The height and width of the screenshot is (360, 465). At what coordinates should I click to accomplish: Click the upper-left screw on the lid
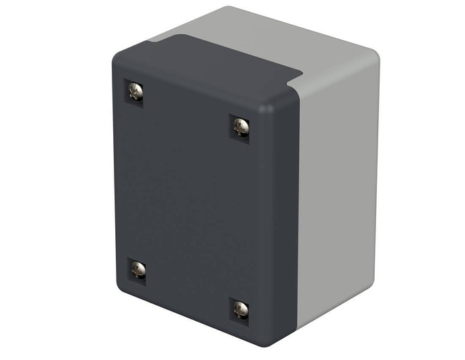(x=135, y=90)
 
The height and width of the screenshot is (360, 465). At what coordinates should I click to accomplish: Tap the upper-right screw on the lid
(x=240, y=126)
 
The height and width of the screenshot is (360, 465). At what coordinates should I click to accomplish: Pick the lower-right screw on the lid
(x=240, y=309)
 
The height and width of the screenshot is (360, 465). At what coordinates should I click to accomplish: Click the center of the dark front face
(x=187, y=201)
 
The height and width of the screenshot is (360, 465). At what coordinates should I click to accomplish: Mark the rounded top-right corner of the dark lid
(x=278, y=101)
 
